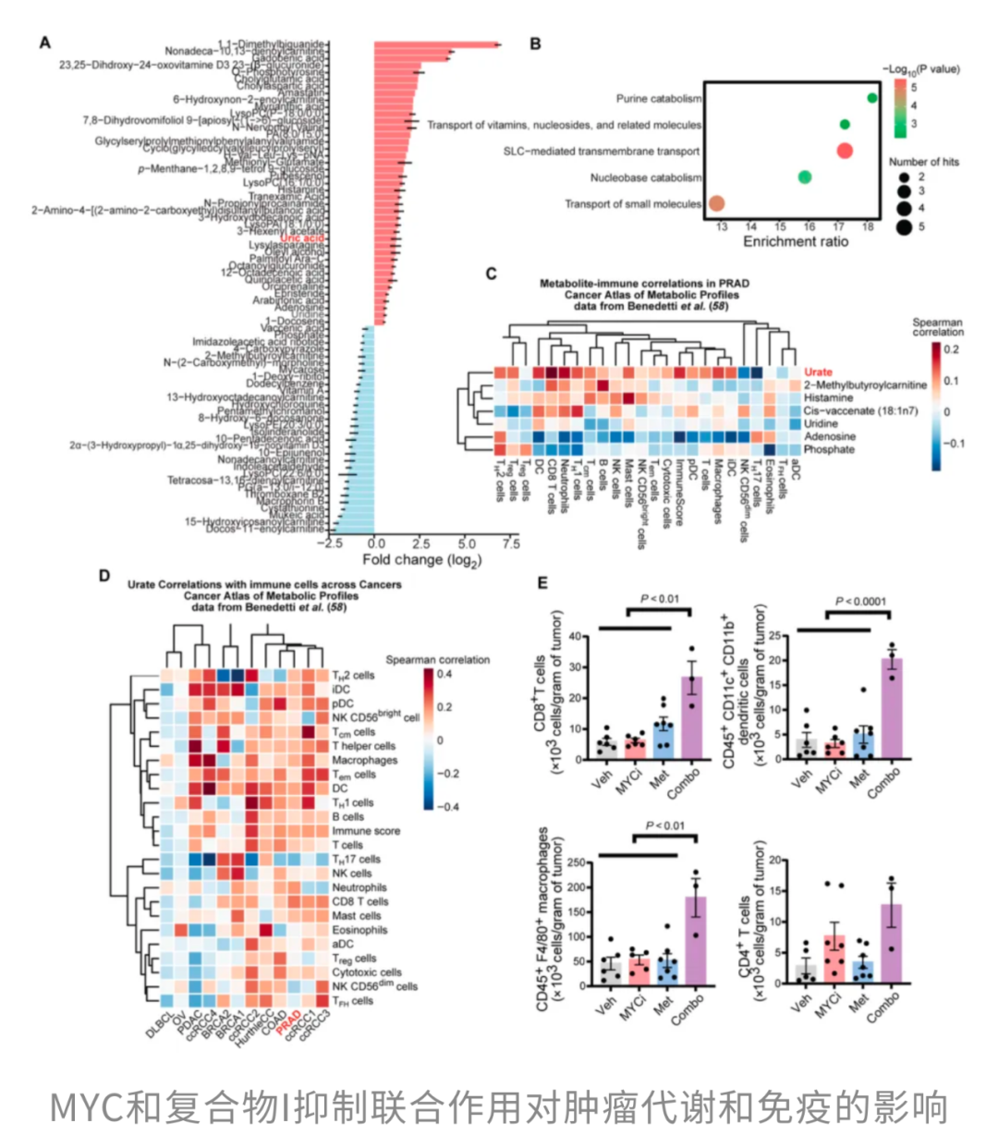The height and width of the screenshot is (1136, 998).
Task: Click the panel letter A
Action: point(44,42)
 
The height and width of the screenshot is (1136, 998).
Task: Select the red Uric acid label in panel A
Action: point(302,238)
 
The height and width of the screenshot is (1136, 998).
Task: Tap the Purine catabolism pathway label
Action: point(658,98)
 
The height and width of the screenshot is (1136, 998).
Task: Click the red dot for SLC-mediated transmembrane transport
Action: point(843,151)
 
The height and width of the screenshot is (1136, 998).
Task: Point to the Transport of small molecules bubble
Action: point(716,203)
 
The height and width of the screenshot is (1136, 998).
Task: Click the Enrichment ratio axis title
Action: point(796,241)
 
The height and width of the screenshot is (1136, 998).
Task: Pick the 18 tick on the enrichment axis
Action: point(868,226)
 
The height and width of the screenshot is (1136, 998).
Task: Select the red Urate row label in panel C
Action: point(818,372)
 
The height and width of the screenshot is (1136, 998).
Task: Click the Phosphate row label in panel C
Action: point(828,449)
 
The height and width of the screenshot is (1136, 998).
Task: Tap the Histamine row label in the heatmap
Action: point(828,397)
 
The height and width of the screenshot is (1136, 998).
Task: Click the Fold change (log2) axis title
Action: point(421,560)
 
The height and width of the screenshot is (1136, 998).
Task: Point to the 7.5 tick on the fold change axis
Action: point(510,544)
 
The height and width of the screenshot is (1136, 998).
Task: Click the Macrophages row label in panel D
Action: point(364,760)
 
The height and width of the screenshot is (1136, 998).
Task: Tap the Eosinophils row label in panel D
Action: point(359,930)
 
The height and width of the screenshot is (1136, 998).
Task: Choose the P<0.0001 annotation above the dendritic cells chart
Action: point(860,602)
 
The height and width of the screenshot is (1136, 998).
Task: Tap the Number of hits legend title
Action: point(924,162)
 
